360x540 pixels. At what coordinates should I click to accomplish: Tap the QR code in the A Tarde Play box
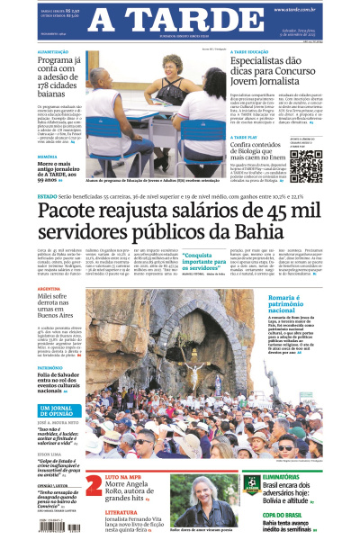pyautogui.click(x=305, y=167)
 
